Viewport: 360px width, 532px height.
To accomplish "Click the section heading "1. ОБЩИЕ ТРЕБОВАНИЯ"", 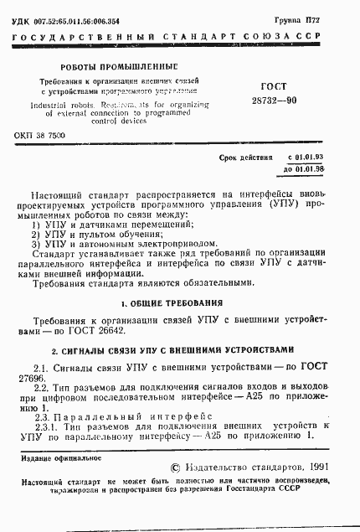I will pyautogui.click(x=183, y=302).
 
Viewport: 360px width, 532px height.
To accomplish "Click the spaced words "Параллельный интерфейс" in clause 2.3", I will pyautogui.click(x=133, y=416).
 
